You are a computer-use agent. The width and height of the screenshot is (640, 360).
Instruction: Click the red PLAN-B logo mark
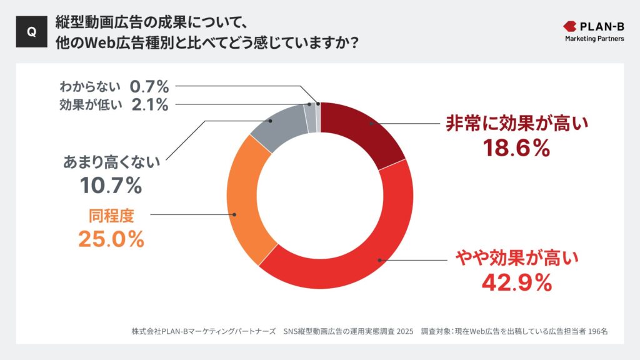pyautogui.click(x=571, y=27)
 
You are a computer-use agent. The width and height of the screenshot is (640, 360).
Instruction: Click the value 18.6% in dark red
pyautogui.click(x=516, y=148)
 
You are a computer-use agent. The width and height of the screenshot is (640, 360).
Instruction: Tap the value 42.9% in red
pyautogui.click(x=516, y=282)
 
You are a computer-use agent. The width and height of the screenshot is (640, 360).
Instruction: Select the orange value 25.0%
pyautogui.click(x=111, y=239)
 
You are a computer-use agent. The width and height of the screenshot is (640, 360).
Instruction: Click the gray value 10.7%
pyautogui.click(x=111, y=185)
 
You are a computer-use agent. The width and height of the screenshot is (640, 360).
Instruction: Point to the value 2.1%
pyautogui.click(x=150, y=105)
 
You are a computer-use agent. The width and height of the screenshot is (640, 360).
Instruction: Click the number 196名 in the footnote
pyautogui.click(x=598, y=331)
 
